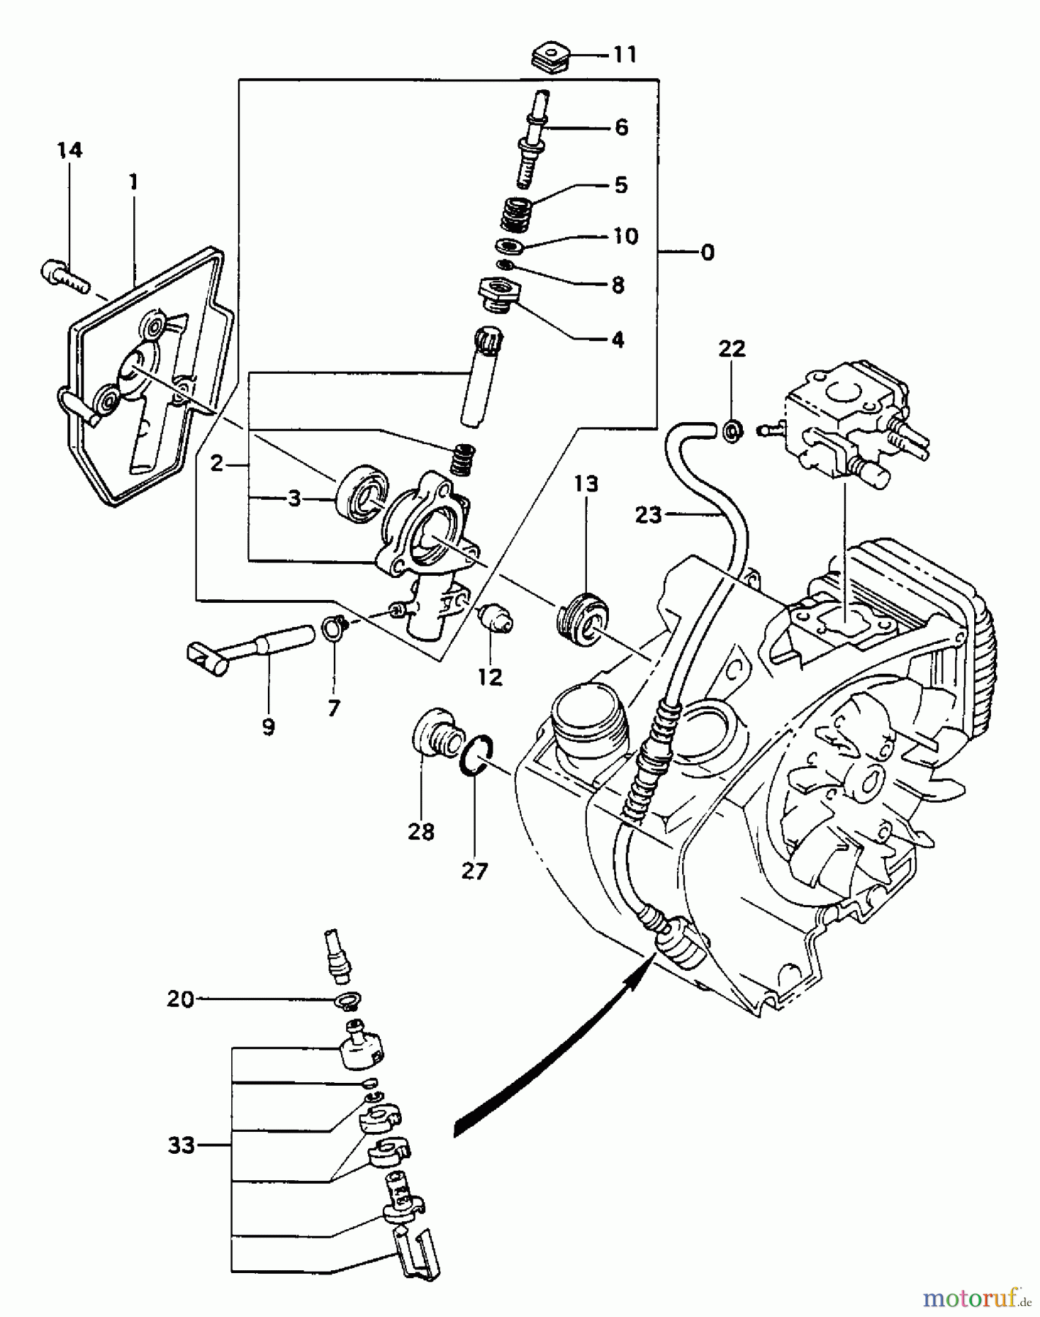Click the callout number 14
[70, 151]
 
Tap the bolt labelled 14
[64, 277]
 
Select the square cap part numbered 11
[550, 57]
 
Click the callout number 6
[621, 128]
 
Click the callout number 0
[707, 252]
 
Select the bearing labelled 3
[360, 492]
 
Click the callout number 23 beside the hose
[648, 515]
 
